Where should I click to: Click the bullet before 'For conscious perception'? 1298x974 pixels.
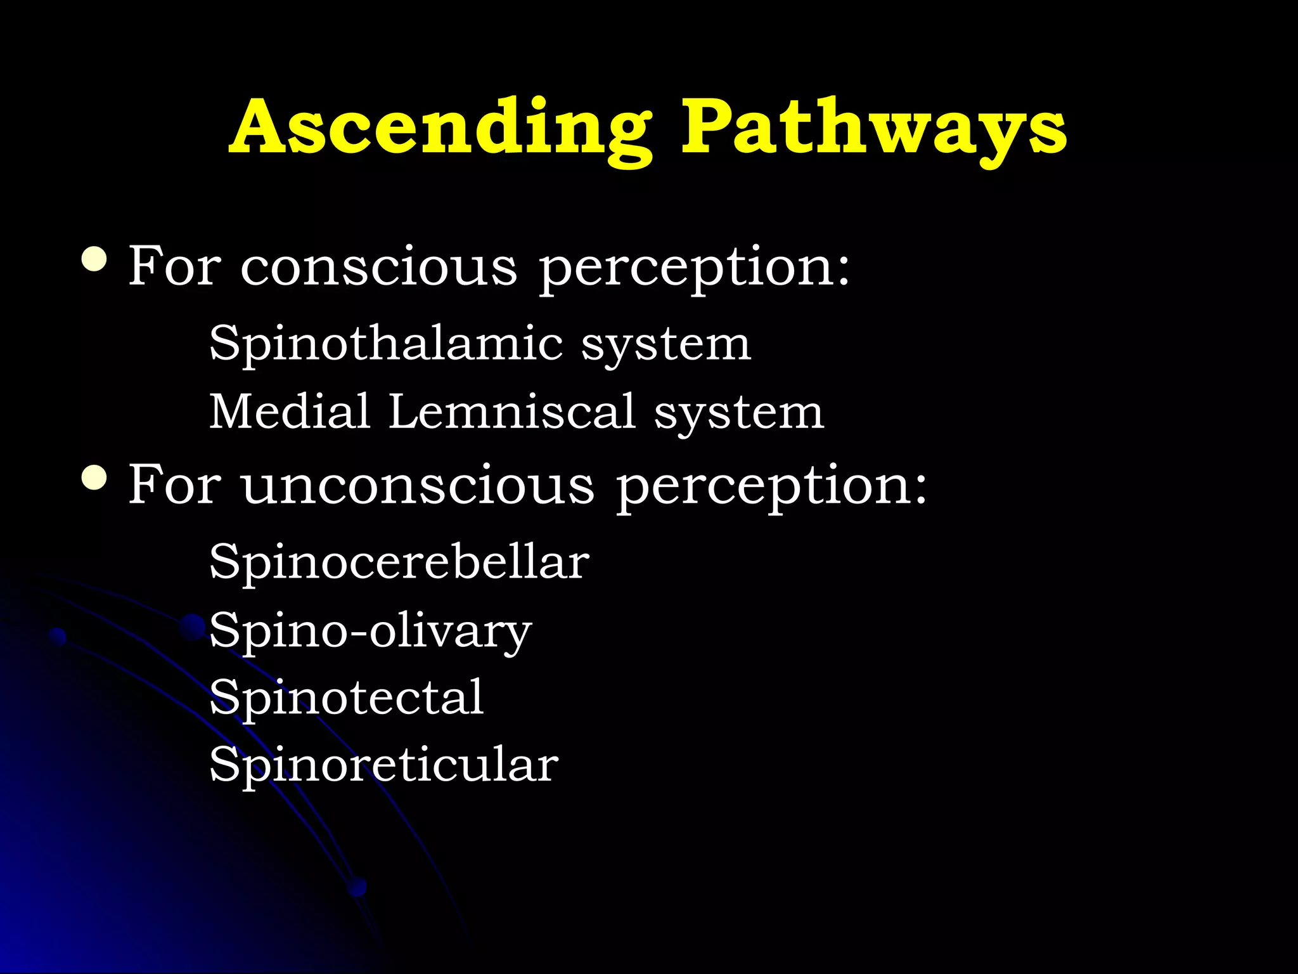coord(94,259)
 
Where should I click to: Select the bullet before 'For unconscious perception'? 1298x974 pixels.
coord(94,477)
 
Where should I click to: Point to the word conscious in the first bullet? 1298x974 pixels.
coord(378,267)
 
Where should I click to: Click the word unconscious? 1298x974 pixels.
coord(418,486)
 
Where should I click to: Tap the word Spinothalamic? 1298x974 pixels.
coord(385,344)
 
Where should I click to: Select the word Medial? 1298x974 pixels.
coord(290,412)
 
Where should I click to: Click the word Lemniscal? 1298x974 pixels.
coord(512,412)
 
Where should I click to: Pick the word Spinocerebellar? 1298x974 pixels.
coord(399,562)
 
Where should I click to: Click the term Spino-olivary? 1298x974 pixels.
coord(370,631)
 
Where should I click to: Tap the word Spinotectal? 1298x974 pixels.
coord(347,698)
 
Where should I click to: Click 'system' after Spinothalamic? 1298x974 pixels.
coord(666,346)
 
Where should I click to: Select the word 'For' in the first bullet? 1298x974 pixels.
coord(175,266)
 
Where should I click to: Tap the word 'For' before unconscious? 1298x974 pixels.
coord(175,484)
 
